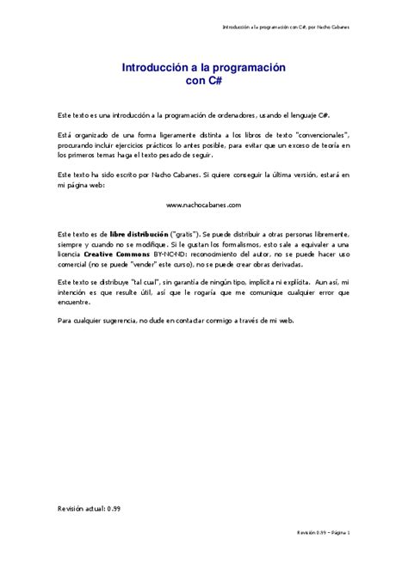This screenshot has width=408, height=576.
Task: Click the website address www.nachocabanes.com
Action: coord(204,205)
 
